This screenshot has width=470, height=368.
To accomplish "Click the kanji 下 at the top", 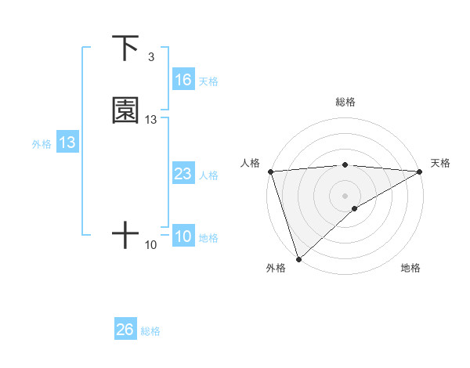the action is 126,49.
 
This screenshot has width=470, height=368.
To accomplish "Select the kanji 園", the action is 126,110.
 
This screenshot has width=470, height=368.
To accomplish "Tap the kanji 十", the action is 125,234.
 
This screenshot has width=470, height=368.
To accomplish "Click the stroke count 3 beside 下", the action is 150,57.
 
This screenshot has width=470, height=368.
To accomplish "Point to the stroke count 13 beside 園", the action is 151,120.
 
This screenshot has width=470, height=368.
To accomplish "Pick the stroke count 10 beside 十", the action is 151,245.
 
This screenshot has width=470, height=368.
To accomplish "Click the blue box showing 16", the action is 183,80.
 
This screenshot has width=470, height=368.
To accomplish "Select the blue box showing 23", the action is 183,174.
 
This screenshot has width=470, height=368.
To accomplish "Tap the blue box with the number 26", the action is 125,330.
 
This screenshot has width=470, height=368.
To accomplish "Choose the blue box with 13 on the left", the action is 67,143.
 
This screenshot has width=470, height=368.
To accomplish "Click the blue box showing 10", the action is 183,236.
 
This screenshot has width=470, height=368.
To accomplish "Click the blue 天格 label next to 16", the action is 208,81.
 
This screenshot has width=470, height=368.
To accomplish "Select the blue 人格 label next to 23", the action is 208,175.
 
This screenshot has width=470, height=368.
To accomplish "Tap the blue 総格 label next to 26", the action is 150,331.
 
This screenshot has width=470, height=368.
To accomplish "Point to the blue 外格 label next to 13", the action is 42,144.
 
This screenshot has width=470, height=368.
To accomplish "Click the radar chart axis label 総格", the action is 345,102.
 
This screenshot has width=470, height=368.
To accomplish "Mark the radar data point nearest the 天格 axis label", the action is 420,171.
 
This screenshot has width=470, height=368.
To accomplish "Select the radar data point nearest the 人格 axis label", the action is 270,171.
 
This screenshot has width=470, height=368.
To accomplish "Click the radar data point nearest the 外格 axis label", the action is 298,258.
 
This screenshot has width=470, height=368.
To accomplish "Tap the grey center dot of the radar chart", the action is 345,195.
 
